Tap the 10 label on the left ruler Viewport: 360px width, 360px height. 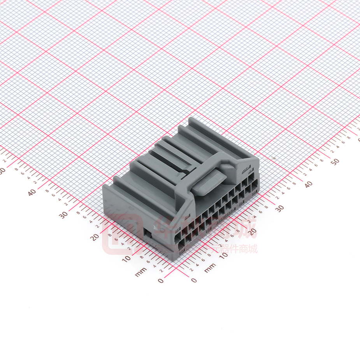(x=127, y=258)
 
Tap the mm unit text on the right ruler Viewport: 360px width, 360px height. (x=210, y=267)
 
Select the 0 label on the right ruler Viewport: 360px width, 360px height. (x=194, y=280)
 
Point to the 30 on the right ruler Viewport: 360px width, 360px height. (x=279, y=208)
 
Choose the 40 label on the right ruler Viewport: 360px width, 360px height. (x=309, y=184)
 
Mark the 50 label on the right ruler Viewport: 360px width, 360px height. (x=335, y=161)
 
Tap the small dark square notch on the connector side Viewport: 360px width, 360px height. (x=148, y=233)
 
